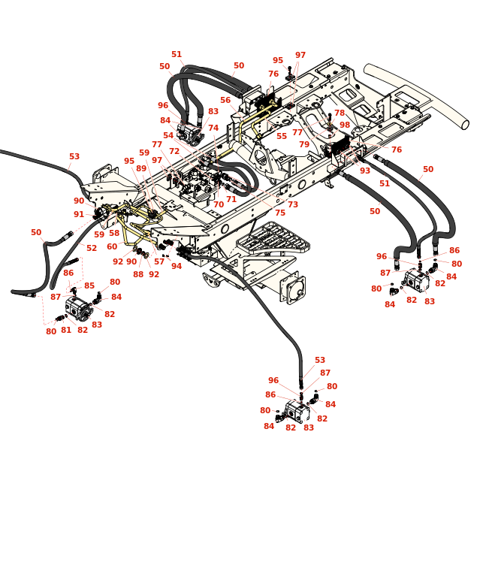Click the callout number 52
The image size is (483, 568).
[92, 248]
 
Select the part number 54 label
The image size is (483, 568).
[168, 135]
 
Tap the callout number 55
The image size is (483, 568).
[282, 136]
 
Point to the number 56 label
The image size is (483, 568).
[225, 100]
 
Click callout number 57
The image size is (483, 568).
[159, 261]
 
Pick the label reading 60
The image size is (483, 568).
[112, 246]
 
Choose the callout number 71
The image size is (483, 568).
[231, 199]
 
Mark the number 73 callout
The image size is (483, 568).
[292, 204]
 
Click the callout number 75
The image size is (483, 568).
[280, 213]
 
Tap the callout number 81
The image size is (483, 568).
[66, 330]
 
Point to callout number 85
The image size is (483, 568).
[89, 286]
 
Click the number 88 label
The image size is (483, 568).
[138, 274]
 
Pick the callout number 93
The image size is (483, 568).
[364, 171]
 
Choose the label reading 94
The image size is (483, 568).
[177, 266]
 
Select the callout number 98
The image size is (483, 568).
[344, 125]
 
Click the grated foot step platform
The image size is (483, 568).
[273, 238]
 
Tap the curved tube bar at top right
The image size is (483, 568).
[416, 93]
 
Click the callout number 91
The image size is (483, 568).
[79, 214]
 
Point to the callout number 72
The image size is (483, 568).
[174, 151]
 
